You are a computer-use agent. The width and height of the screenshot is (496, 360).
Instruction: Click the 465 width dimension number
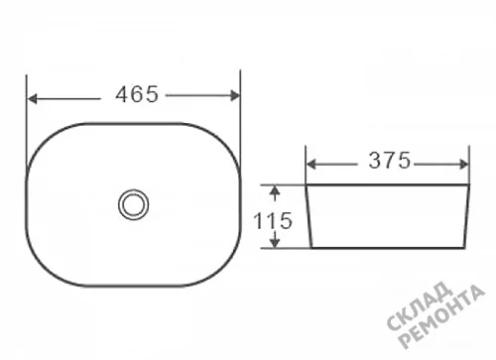coord(137,94)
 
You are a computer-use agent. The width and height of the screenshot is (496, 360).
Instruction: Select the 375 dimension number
coord(390,161)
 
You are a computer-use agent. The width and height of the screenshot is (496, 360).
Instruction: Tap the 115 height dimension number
coord(273,221)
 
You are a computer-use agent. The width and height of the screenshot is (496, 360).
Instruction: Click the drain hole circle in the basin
coord(134,204)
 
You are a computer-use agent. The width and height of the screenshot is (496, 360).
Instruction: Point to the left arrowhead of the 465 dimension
coord(32,99)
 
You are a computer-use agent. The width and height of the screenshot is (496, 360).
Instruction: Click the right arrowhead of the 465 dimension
coord(235,95)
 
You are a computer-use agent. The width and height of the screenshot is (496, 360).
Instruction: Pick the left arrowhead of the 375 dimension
coord(311,165)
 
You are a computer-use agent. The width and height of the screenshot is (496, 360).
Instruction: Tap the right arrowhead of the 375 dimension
coord(464,165)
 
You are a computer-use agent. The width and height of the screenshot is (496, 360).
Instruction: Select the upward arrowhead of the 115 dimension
coord(275,191)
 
